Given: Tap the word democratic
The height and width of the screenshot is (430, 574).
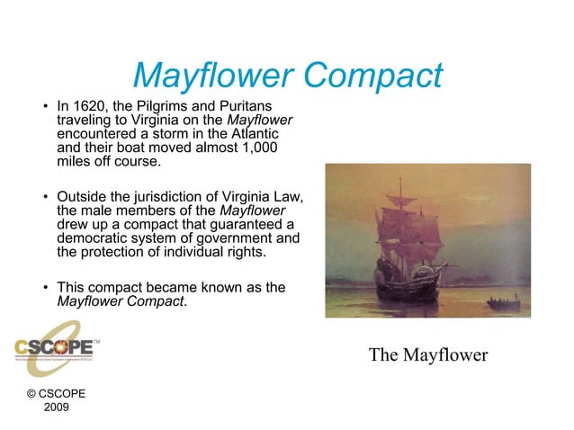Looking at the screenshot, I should [96, 237].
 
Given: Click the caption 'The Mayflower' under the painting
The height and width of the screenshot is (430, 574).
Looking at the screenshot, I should [427, 354].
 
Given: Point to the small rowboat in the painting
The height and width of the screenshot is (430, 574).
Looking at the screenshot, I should [502, 304].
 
